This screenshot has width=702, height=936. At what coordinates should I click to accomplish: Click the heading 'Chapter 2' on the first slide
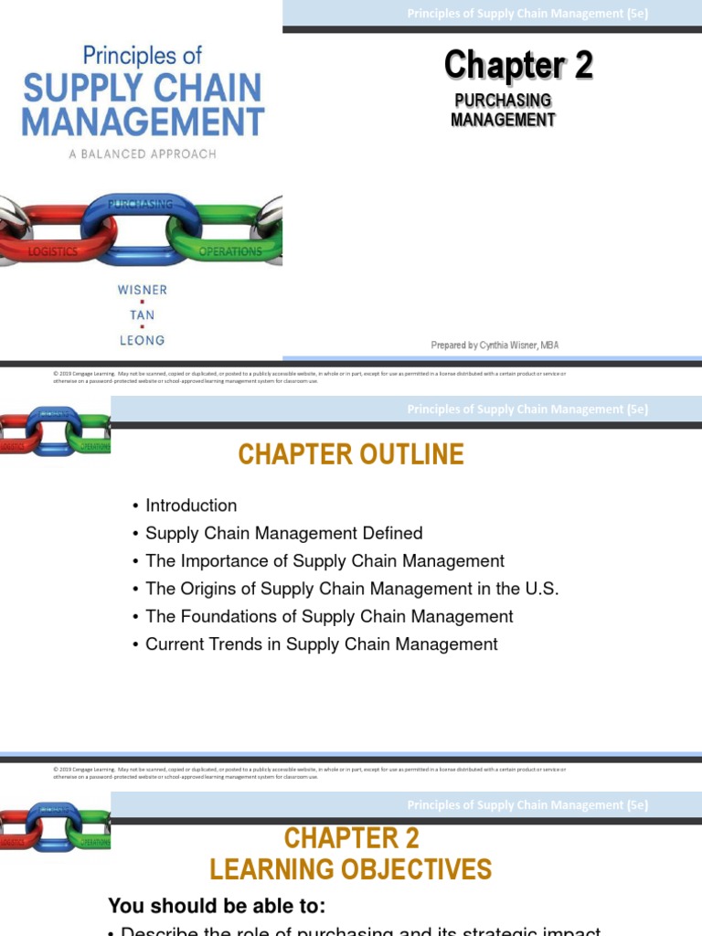[x=518, y=66]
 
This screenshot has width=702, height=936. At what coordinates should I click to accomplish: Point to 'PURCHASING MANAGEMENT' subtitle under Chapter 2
[x=503, y=110]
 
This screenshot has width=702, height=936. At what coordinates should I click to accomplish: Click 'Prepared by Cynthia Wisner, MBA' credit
[x=495, y=345]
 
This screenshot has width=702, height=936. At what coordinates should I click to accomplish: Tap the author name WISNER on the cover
[x=142, y=290]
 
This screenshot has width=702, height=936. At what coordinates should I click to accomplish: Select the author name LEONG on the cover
[x=142, y=340]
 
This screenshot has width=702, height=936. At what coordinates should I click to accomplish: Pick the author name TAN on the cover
[x=142, y=314]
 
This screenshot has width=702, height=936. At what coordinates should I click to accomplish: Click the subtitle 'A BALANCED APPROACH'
[x=142, y=154]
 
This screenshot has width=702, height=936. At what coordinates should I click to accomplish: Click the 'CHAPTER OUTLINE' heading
[x=351, y=454]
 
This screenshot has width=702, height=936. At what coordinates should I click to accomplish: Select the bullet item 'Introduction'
[x=191, y=505]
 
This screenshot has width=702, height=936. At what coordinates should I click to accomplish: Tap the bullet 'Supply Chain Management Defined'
[x=283, y=533]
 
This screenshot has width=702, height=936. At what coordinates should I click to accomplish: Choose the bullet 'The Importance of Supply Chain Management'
[x=324, y=561]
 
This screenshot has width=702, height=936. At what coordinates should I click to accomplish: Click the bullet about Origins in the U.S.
[x=352, y=589]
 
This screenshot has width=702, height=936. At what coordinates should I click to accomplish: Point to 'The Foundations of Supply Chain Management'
[x=329, y=617]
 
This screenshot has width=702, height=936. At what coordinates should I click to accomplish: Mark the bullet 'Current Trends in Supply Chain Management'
[x=321, y=644]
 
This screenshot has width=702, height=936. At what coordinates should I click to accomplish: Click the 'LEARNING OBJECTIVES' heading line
[x=351, y=869]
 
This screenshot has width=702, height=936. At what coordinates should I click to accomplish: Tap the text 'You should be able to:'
[x=217, y=906]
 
